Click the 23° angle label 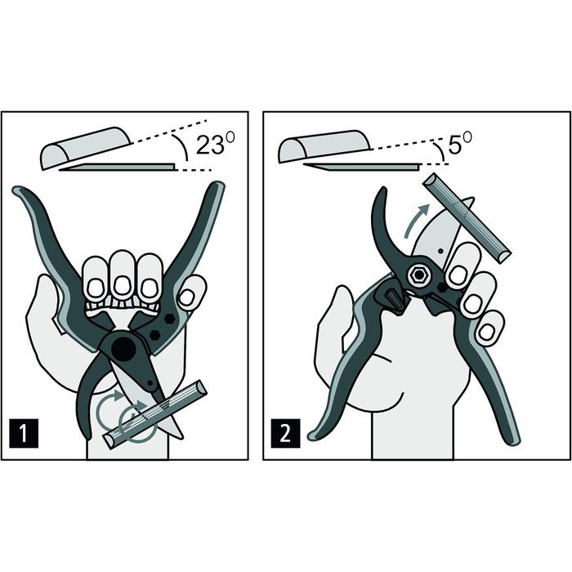[x=215, y=144]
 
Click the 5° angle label [x=459, y=143]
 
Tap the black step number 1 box [x=24, y=433]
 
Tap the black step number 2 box [x=285, y=433]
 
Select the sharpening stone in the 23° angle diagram [x=86, y=148]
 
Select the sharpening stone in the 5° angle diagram [x=324, y=146]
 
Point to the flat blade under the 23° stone [x=118, y=168]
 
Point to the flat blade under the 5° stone [x=361, y=167]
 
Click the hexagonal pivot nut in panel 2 [x=418, y=276]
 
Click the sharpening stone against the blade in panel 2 [x=467, y=217]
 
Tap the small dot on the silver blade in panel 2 [x=440, y=251]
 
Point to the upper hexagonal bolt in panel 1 [x=169, y=319]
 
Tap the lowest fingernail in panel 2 [x=486, y=333]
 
